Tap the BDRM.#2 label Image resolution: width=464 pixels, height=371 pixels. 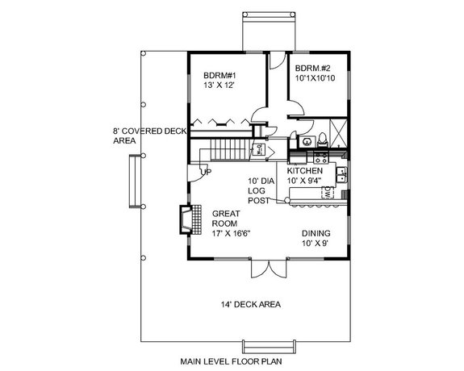(x=312, y=68)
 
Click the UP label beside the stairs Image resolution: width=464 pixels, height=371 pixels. (x=206, y=172)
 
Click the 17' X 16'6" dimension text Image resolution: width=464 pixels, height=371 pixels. (x=232, y=234)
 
